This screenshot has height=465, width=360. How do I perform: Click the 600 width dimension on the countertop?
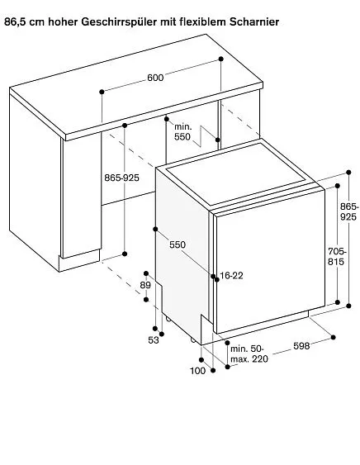pyautogui.click(x=155, y=78)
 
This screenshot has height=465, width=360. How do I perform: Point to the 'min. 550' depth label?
pyautogui.click(x=182, y=131)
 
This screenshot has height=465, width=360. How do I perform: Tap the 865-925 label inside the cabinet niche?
pyautogui.click(x=121, y=178)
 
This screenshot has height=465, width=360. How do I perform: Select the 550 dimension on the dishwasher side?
pyautogui.click(x=178, y=244)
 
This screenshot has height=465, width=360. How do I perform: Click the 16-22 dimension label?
pyautogui.click(x=231, y=276)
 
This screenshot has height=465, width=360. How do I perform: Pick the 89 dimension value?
pyautogui.click(x=145, y=285)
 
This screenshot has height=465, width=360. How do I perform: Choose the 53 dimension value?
pyautogui.click(x=154, y=340)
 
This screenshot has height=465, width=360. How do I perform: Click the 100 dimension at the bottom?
pyautogui.click(x=197, y=370)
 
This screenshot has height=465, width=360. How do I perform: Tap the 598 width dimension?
pyautogui.click(x=301, y=346)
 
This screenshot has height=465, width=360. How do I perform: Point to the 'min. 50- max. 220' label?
pyautogui.click(x=249, y=353)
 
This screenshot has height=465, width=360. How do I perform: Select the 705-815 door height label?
pyautogui.click(x=337, y=257)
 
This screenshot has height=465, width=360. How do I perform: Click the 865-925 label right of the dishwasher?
pyautogui.click(x=349, y=211)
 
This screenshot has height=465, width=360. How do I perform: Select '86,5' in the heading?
pyautogui.click(x=16, y=22)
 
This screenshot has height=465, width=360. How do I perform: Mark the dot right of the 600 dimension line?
pyautogui.click(x=221, y=59)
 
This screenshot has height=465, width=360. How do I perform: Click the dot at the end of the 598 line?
pyautogui.click(x=334, y=337)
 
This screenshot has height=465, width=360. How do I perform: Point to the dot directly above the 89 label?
pyautogui.click(x=146, y=273)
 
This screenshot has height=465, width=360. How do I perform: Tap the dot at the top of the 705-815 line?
pyautogui.click(x=338, y=186)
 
